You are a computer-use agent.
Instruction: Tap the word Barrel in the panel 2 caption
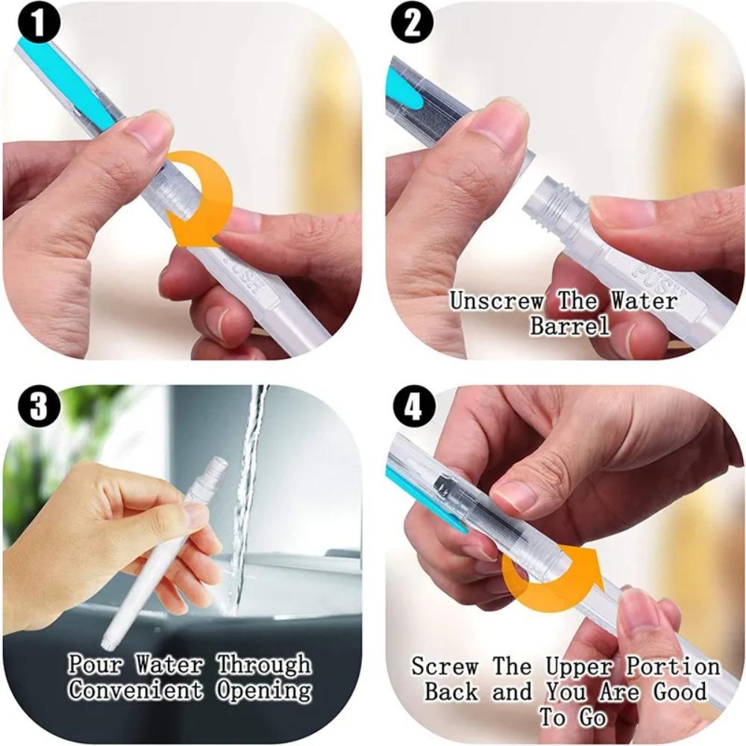pyautogui.click(x=569, y=326)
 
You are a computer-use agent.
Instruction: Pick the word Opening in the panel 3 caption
pyautogui.click(x=264, y=690)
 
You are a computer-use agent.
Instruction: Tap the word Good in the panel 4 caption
pyautogui.click(x=680, y=691)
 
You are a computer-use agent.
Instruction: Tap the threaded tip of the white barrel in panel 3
pyautogui.click(x=216, y=466)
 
